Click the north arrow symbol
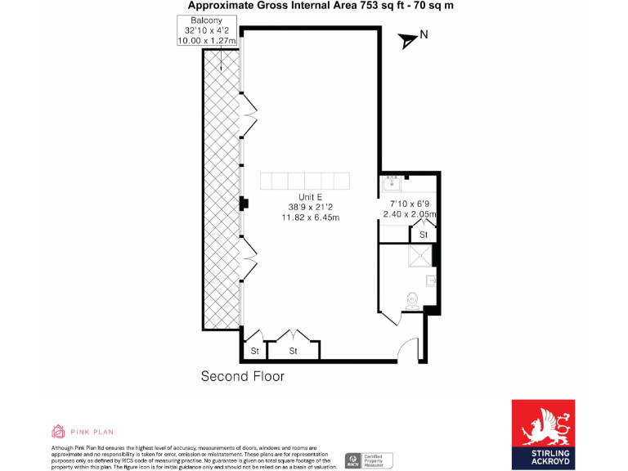click(409, 40)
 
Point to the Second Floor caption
click(243, 376)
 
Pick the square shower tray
click(421, 257)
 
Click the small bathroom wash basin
click(431, 280)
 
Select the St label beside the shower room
click(424, 235)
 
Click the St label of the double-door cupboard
click(293, 352)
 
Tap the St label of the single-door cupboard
click(254, 352)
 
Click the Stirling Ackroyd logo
click(542, 433)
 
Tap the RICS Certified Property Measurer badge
click(368, 460)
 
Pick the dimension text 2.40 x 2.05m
click(410, 215)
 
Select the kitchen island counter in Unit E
click(304, 181)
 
